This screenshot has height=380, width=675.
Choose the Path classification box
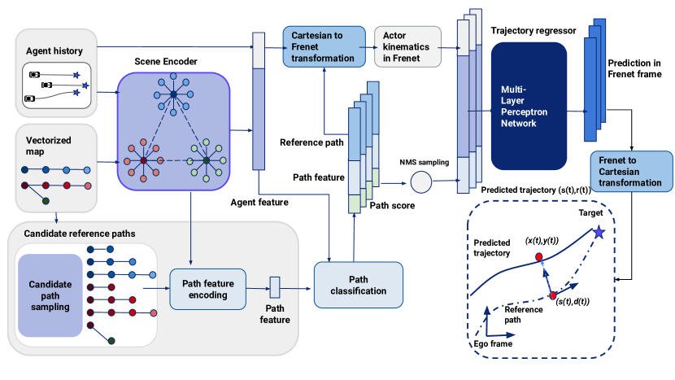coord(358,284)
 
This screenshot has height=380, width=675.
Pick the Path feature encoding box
coord(207,289)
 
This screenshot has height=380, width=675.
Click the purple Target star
coord(599,233)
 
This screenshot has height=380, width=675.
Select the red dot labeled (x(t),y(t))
coord(538,257)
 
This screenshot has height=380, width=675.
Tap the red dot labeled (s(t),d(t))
coord(553,295)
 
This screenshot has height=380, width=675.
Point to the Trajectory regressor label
coord(533,30)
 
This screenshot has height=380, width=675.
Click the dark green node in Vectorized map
coord(46,200)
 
